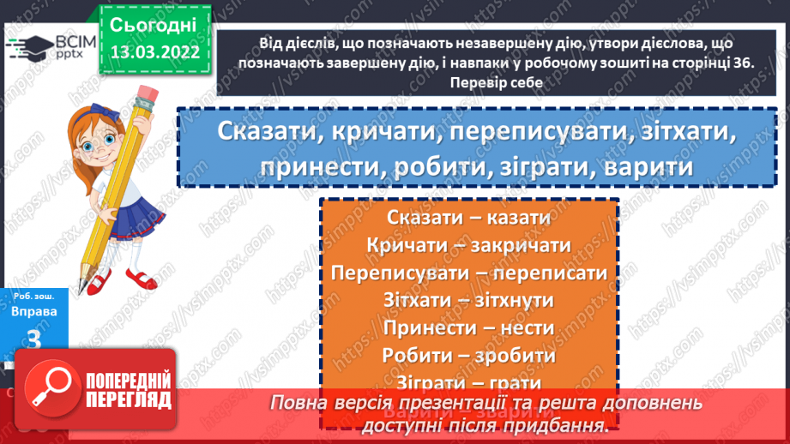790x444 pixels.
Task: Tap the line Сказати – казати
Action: coord(467,219)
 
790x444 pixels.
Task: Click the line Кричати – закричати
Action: coord(467,246)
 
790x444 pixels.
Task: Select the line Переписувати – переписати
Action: coord(467,273)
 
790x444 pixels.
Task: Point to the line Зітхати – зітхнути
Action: coord(467,300)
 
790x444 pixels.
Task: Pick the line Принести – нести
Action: coord(467,327)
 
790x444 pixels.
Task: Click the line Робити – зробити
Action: coord(467,355)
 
